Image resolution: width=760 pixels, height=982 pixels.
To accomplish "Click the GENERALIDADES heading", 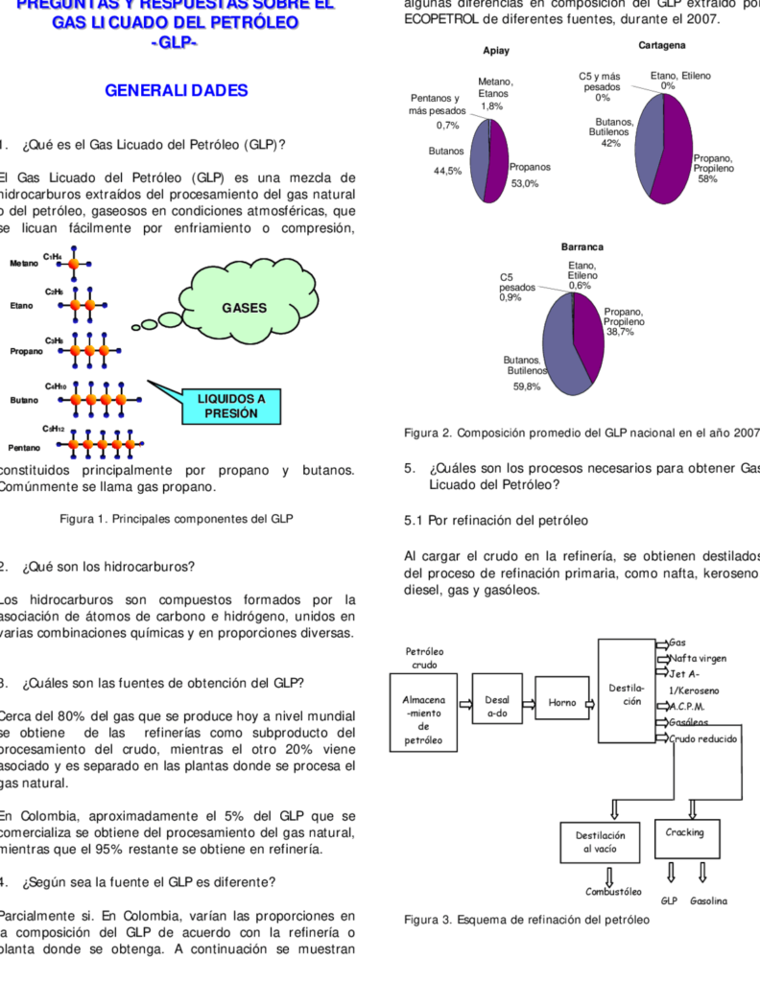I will [176, 91].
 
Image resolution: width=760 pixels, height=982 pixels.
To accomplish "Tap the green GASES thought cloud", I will [242, 308].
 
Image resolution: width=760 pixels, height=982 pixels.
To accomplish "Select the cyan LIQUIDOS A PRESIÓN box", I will [230, 406].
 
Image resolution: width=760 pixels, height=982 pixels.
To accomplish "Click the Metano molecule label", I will [25, 263].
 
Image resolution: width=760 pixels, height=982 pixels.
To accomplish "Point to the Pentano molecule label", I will [25, 448].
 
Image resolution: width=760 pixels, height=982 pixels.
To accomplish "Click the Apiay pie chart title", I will [496, 50].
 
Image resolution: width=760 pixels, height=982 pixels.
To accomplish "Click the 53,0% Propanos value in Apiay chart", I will [524, 183].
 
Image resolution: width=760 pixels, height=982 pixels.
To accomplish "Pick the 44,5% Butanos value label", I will [447, 172].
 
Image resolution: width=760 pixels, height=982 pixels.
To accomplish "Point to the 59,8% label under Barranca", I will [526, 386].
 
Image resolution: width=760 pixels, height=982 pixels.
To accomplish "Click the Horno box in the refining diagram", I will [561, 703].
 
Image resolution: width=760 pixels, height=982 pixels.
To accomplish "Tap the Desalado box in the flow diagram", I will [497, 707].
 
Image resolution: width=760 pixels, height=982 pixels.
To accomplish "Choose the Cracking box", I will [684, 833].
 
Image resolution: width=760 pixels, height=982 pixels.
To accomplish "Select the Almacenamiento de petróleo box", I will [423, 719].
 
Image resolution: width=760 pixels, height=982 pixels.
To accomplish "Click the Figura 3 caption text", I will [526, 920].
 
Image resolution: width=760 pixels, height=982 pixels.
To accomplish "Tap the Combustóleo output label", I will [613, 892].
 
